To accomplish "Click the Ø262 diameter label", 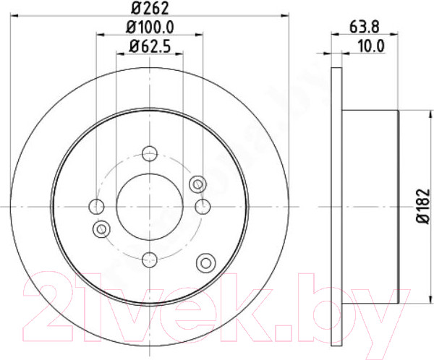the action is pos(150,8).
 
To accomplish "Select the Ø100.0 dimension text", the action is pos(150,27).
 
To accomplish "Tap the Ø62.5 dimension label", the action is pos(150,46).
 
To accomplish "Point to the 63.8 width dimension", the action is pos(365,27).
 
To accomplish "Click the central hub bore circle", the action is pos(150,207).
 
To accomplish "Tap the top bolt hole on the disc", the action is pos(150,153).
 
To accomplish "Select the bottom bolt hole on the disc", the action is pos(150,260).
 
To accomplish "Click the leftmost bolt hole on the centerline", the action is pos(96,207).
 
